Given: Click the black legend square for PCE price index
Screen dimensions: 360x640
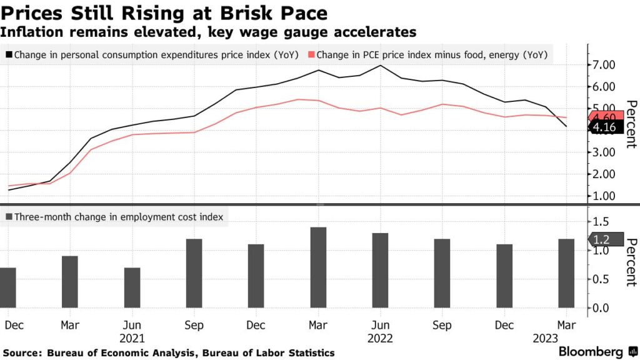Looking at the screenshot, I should pyautogui.click(x=9, y=55).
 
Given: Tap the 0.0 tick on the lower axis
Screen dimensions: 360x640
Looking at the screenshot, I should pyautogui.click(x=600, y=307).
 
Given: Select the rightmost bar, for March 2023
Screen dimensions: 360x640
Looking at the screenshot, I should pyautogui.click(x=566, y=273).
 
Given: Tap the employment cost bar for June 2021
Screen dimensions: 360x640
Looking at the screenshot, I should pyautogui.click(x=132, y=287).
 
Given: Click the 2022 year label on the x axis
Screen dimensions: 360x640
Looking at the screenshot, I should pyautogui.click(x=381, y=338).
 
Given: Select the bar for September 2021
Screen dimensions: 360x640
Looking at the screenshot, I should pyautogui.click(x=195, y=273).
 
